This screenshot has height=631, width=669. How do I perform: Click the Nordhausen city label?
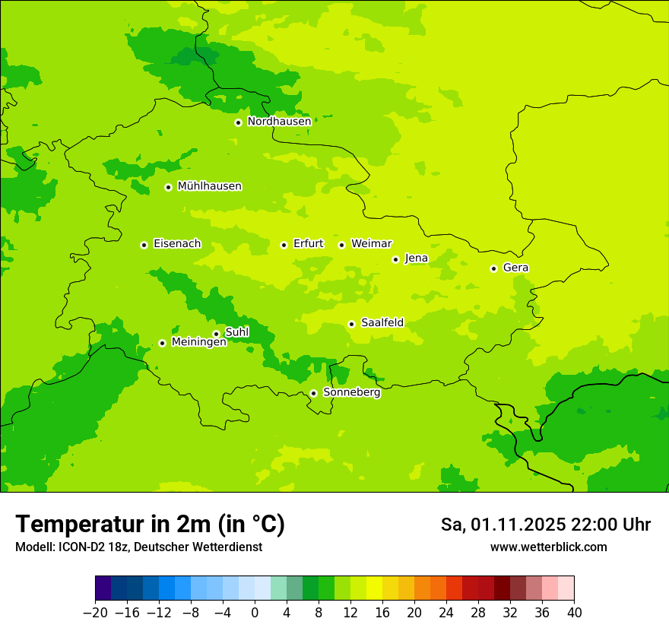pos(279,121)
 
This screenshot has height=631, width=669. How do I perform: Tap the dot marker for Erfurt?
pos(284,245)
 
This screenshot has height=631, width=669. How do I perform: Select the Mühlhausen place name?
pos(209,186)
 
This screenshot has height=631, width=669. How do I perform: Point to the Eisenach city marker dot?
pos(144,245)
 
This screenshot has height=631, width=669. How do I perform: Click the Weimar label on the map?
pos(371,243)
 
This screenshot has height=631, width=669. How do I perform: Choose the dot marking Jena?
pos(395,259)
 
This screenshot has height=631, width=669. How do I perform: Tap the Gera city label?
pos(515,268)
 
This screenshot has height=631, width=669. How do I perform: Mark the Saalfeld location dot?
pos(351,324)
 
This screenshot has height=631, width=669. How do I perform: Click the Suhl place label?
pos(236,332)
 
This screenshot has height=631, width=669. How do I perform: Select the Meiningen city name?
pos(198,342)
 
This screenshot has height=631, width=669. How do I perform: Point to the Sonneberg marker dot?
pos(313,393)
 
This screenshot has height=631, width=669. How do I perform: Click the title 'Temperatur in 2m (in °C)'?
pos(150,524)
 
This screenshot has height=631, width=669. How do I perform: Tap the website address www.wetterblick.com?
pos(548,547)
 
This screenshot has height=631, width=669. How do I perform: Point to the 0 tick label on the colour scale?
pos(255,613)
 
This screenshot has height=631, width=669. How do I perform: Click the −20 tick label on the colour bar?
pos(95,613)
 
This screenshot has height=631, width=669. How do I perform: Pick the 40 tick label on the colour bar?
pos(574,613)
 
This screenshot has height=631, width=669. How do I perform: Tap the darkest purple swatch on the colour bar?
pos(103,588)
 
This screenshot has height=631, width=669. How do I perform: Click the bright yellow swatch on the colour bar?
pos(374,588)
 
